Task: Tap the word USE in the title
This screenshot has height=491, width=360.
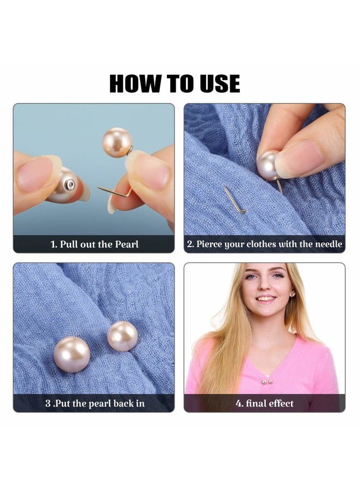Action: pos(217,83)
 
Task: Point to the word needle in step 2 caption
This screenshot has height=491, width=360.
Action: pos(328,244)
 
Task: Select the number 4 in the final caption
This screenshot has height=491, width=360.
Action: pos(238,404)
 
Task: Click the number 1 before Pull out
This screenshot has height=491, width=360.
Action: pos(53,244)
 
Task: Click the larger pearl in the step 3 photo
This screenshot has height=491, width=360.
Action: pos(73,354)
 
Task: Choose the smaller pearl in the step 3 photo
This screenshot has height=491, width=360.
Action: pos(122,336)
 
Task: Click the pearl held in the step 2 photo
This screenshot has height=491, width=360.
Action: pos(268,165)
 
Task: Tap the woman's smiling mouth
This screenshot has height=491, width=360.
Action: pos(266,299)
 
